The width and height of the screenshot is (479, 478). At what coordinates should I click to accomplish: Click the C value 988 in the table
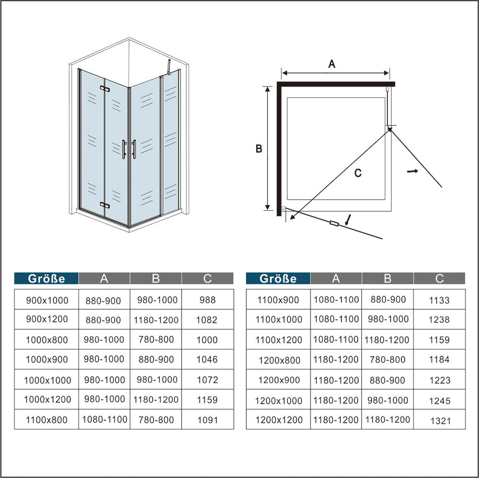point(207,300)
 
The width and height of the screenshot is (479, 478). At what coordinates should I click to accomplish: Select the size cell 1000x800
point(47,340)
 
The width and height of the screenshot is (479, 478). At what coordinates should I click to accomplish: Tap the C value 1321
point(440,421)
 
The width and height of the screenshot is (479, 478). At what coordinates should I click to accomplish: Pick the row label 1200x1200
point(279,420)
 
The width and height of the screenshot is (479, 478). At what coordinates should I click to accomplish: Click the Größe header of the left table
point(46,279)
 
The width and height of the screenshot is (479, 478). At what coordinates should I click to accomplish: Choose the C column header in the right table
point(439,279)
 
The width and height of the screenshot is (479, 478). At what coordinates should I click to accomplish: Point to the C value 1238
point(439,319)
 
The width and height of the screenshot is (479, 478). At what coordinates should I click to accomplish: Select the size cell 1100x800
point(46,420)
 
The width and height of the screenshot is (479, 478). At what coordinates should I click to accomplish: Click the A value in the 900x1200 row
point(103,320)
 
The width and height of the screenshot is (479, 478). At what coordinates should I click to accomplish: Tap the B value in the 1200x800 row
point(388,360)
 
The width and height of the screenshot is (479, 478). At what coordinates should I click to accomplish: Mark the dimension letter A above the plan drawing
point(332,64)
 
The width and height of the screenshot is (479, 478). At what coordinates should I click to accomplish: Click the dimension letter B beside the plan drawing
point(259,149)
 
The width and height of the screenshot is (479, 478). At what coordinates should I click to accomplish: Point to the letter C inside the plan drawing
point(358,173)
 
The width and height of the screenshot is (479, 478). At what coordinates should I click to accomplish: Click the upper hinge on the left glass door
point(105,89)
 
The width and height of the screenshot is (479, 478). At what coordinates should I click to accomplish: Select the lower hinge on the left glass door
point(105,205)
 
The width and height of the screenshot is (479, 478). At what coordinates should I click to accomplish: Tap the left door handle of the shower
point(124,149)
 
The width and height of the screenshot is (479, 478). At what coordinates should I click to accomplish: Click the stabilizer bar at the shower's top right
point(169,67)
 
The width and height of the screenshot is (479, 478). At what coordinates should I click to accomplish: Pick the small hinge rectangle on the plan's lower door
point(334,224)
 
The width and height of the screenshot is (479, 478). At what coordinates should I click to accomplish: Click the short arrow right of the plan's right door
point(412,171)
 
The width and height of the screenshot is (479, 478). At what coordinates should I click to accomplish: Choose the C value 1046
point(207,360)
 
